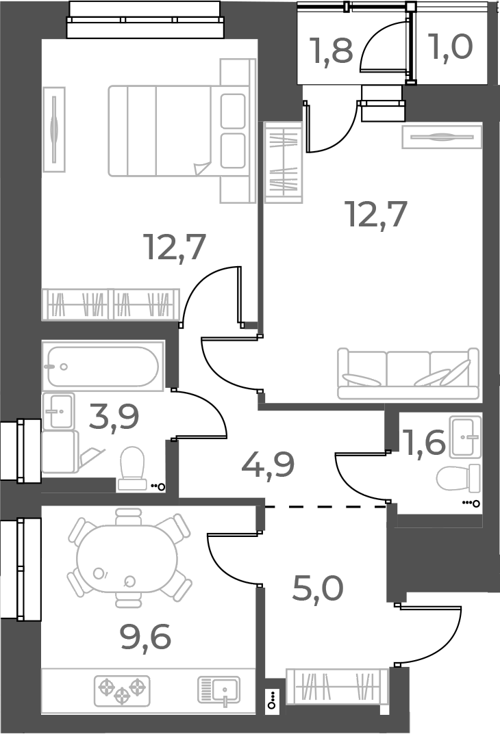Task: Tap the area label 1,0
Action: [450, 49]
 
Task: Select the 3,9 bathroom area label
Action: [114, 417]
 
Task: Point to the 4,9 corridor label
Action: [268, 464]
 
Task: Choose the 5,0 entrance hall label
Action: [317, 588]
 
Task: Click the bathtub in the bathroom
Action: [103, 366]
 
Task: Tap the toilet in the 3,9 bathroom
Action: [132, 469]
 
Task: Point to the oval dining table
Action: [127, 558]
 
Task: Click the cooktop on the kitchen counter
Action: [122, 690]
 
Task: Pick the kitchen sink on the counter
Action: [220, 690]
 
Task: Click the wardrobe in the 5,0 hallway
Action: [337, 686]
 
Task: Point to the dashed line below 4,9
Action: [325, 507]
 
